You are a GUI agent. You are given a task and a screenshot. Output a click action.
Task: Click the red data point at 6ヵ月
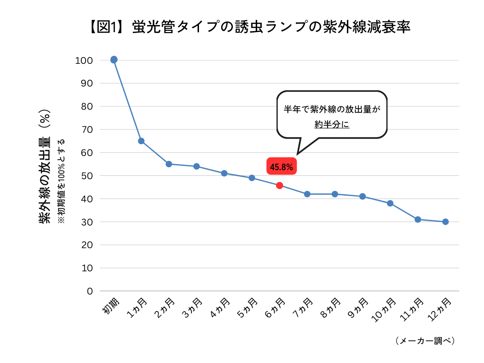tap(279, 185)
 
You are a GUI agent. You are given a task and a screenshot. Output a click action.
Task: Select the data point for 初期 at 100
tap(114, 60)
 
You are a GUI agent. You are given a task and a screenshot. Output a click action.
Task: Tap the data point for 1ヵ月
tap(141, 141)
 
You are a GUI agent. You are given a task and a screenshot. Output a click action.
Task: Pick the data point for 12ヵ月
tap(445, 222)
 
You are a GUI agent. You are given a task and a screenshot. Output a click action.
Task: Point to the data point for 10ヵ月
tap(390, 203)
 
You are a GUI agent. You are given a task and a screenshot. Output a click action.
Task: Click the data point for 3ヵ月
tap(197, 166)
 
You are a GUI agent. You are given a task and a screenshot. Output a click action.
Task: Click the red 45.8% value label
tap(281, 166)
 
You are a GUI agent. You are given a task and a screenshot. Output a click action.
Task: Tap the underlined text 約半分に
tap(332, 124)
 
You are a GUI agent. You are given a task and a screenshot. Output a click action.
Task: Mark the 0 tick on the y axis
tap(89, 291)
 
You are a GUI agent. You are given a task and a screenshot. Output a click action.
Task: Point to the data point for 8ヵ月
tap(335, 194)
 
